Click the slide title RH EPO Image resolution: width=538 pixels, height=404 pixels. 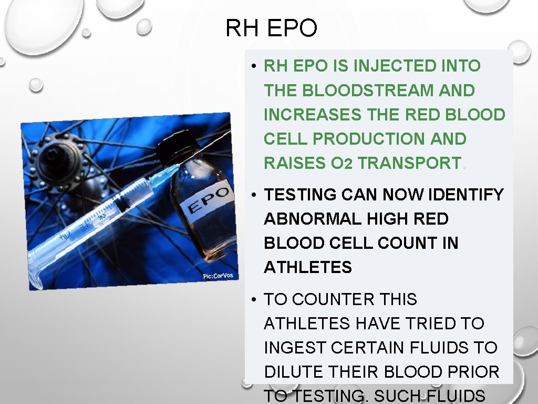[271, 28]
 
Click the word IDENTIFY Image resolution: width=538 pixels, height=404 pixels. [467, 195]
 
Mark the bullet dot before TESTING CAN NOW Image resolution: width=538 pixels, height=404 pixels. [253, 195]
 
